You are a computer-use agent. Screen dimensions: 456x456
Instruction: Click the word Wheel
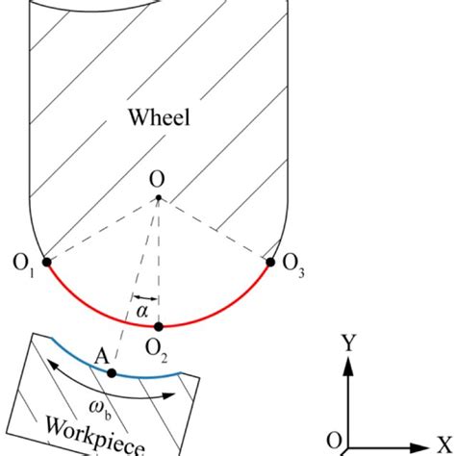[160, 119]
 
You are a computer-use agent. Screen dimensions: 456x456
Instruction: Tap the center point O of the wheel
[160, 198]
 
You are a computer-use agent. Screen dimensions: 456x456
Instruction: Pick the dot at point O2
[160, 326]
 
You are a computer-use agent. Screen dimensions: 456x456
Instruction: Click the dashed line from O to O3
[216, 229]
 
